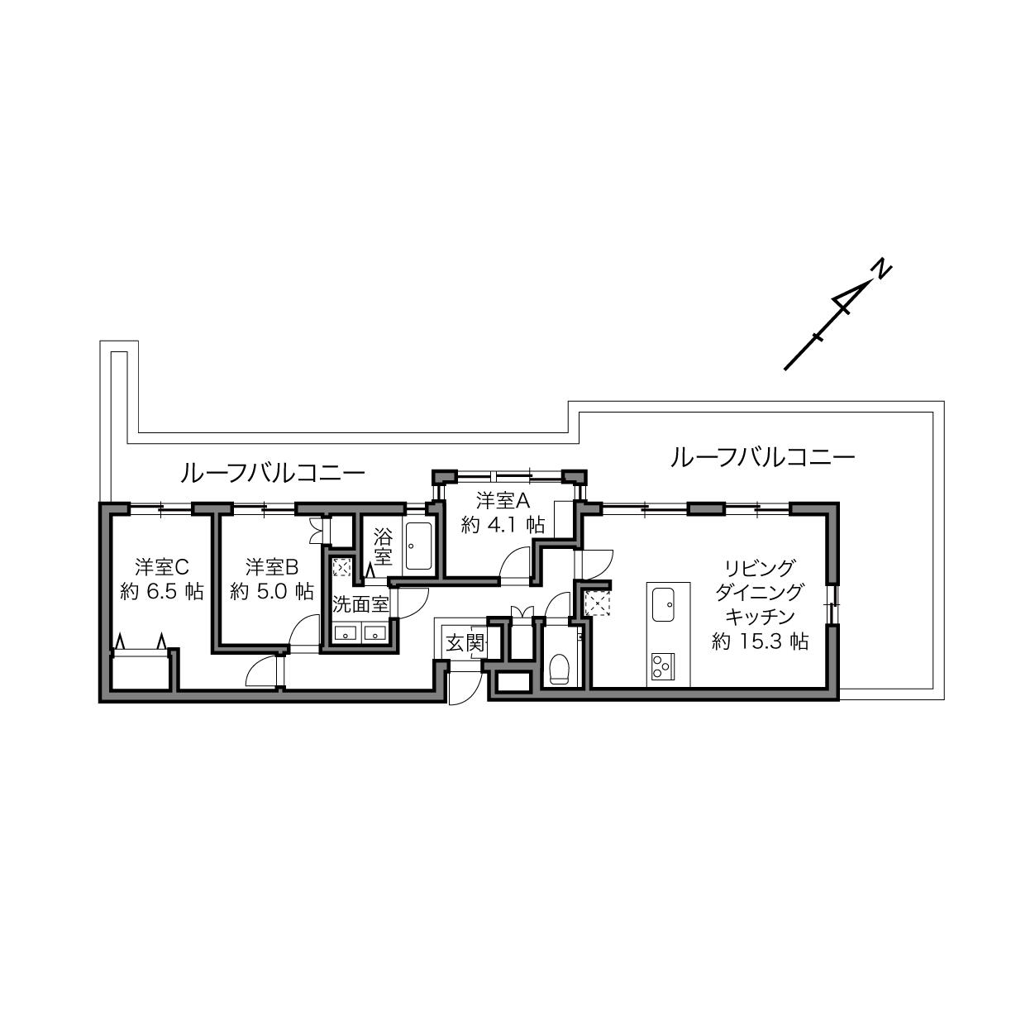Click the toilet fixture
pos(559,670)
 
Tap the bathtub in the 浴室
pos(418,546)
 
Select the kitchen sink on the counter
pos(663,605)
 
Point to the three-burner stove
pos(663,666)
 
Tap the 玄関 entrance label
pos(465,642)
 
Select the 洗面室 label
pos(360,604)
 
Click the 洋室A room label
pos(503,501)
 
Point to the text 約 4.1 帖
pos(503,525)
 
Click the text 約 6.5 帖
pos(162,592)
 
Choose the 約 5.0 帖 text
pos(272,592)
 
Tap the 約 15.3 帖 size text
pos(760,642)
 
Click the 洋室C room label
pos(162,566)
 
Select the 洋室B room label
pos(272,566)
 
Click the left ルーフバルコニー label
pos(272,474)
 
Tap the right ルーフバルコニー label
pos(762,458)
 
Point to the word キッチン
pos(760,617)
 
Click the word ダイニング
pos(760,592)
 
